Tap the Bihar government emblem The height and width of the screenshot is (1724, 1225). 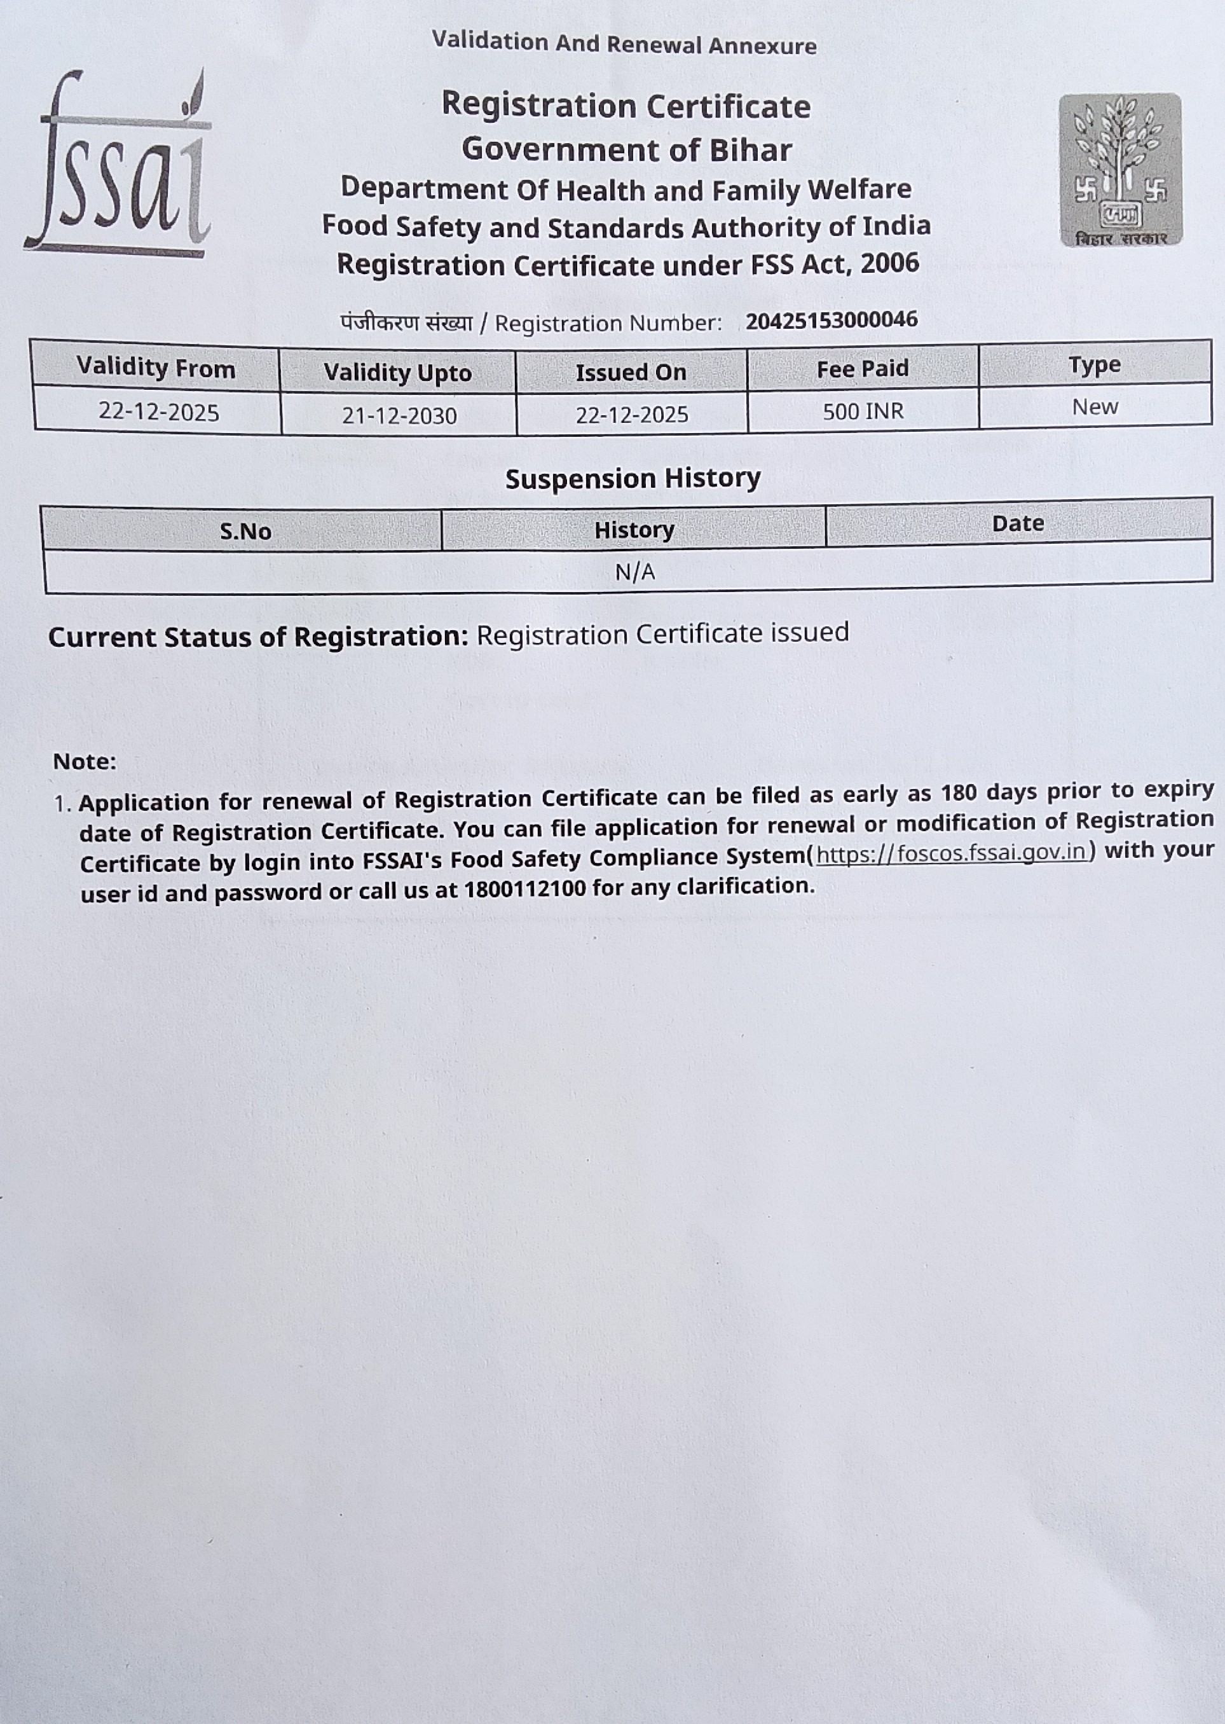click(x=1120, y=169)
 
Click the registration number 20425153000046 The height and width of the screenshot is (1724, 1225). click(x=831, y=320)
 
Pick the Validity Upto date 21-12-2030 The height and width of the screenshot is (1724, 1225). click(x=399, y=416)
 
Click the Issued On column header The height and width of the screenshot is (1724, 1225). click(x=631, y=372)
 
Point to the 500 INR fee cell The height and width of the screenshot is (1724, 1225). click(x=863, y=412)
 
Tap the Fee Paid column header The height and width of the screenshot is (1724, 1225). click(x=862, y=369)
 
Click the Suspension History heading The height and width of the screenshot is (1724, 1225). click(x=633, y=478)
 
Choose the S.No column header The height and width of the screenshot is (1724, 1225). click(x=245, y=531)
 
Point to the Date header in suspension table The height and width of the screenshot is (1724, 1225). click(x=1018, y=523)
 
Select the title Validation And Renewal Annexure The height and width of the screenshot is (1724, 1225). click(x=624, y=44)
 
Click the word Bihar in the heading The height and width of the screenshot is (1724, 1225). click(x=749, y=150)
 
